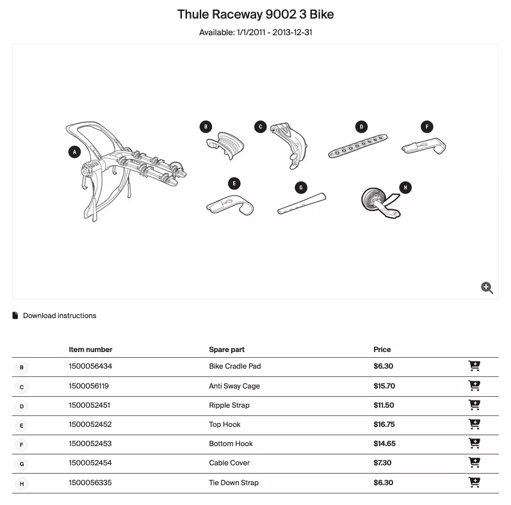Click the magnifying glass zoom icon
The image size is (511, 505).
tap(487, 287)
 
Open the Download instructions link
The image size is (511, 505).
tap(60, 316)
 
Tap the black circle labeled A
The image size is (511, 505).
tap(75, 152)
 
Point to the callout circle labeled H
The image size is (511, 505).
tap(405, 188)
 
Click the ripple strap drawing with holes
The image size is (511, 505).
tap(358, 146)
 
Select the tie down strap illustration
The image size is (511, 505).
tap(380, 203)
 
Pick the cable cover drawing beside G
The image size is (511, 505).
tap(302, 204)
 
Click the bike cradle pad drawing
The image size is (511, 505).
tap(225, 145)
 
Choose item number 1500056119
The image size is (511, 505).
tap(88, 386)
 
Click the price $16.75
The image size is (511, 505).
tap(384, 424)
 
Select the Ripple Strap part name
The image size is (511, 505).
tap(229, 405)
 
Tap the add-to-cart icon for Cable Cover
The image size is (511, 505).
tap(474, 462)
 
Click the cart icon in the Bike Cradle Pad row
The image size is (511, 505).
tap(474, 366)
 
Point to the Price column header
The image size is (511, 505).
tap(382, 349)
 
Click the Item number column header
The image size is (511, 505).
tap(90, 349)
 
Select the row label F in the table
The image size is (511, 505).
tap(22, 445)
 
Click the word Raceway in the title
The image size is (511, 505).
tap(237, 14)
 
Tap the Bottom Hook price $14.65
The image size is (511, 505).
tap(385, 444)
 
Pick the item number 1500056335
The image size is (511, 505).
tap(90, 483)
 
